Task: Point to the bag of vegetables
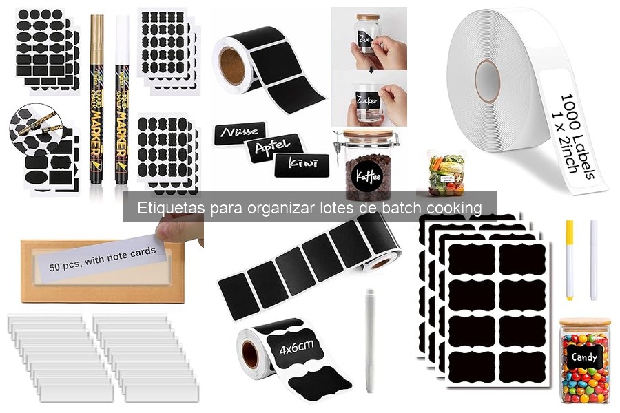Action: tap(446, 175)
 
